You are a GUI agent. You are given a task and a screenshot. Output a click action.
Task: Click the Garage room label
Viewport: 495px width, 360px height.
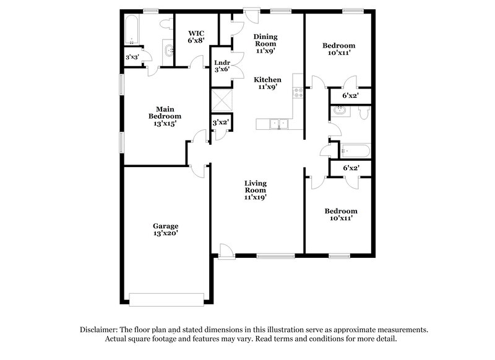[x=165, y=226]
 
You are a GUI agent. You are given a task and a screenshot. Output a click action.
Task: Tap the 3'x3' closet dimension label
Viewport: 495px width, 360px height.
[x=132, y=57]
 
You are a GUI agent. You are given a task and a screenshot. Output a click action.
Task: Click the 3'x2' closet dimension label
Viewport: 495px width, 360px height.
[x=221, y=123]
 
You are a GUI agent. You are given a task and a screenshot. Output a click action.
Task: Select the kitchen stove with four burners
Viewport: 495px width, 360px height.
[x=298, y=93]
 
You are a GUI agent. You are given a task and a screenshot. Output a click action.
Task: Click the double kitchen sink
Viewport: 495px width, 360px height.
[x=275, y=124]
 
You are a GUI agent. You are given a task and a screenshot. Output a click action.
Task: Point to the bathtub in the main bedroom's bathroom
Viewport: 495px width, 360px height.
[x=130, y=30]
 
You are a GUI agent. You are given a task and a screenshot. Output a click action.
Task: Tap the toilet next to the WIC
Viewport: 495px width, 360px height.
[x=165, y=24]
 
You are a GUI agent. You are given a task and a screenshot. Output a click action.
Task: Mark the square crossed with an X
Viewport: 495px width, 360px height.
[x=220, y=100]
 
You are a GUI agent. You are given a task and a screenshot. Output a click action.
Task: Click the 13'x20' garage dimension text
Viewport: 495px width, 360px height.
[x=165, y=234]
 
